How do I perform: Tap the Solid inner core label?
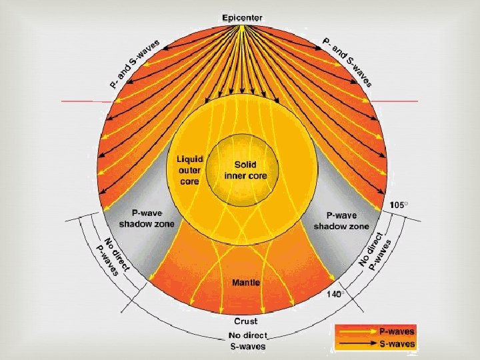click(250, 170)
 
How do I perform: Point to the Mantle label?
click(245, 283)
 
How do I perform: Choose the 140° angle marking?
click(335, 293)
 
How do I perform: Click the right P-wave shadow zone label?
click(341, 221)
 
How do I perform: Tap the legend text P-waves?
click(397, 331)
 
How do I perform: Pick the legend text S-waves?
click(397, 345)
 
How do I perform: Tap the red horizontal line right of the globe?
click(395, 101)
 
